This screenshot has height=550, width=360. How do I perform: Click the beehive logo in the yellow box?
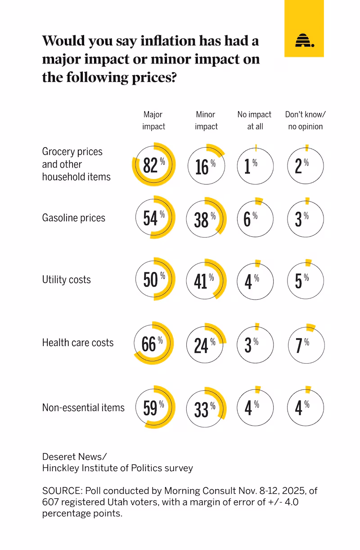[x=305, y=40]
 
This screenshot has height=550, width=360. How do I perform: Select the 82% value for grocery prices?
[x=154, y=165]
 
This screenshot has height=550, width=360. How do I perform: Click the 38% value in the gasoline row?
[x=205, y=220]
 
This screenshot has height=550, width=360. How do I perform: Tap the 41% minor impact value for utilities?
[x=204, y=281]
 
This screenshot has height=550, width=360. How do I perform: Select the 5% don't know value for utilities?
[x=302, y=281]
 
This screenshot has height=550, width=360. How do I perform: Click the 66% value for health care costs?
[x=152, y=344]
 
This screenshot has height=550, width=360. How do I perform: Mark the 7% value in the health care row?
[x=302, y=345]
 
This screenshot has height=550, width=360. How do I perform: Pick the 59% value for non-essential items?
[x=154, y=408]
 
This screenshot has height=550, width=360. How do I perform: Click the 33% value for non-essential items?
[x=205, y=410]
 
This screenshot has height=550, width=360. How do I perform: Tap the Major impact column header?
[x=153, y=120]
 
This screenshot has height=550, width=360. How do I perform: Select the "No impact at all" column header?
[x=254, y=120]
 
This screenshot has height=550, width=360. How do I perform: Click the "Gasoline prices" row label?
[x=74, y=218]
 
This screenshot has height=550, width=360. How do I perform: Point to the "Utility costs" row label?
[x=66, y=280]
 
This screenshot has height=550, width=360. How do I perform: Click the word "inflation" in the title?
[x=168, y=41]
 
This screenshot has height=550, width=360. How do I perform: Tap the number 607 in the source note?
[x=50, y=502]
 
